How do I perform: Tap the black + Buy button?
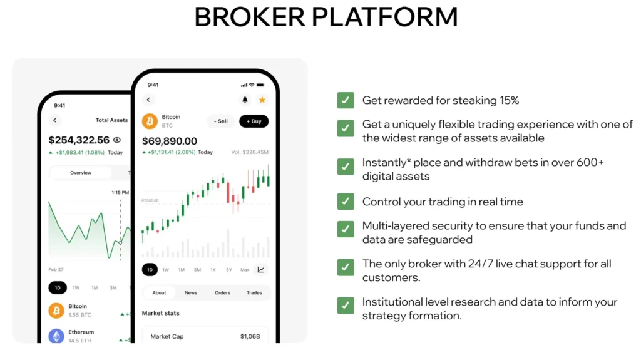pyautogui.click(x=254, y=121)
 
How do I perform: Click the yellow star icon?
pyautogui.click(x=262, y=100)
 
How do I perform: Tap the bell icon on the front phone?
pyautogui.click(x=245, y=100)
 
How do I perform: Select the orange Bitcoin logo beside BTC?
pyautogui.click(x=150, y=121)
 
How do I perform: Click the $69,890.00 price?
pyautogui.click(x=170, y=141)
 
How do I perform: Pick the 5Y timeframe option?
pyautogui.click(x=229, y=270)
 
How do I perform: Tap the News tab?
pyautogui.click(x=190, y=292)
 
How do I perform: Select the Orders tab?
pyautogui.click(x=222, y=292)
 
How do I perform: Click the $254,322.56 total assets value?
pyautogui.click(x=79, y=140)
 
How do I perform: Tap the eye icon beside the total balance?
pyautogui.click(x=117, y=140)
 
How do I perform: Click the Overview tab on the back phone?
pyautogui.click(x=80, y=173)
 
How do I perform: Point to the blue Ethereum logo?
pyautogui.click(x=56, y=336)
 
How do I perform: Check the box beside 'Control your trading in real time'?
pyautogui.click(x=346, y=202)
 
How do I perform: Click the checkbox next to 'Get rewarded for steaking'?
pyautogui.click(x=346, y=100)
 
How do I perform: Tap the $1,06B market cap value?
pyautogui.click(x=250, y=337)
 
